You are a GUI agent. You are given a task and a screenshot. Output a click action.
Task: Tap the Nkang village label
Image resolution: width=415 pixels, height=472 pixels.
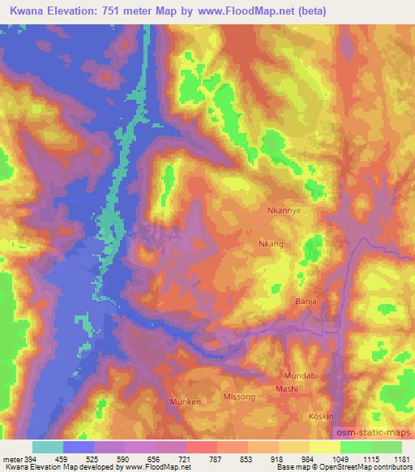point(272,243)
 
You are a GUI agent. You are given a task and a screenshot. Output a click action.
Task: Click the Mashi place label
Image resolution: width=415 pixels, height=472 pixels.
point(287,389)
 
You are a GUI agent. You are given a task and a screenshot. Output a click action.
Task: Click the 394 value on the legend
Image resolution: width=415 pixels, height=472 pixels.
point(26,460)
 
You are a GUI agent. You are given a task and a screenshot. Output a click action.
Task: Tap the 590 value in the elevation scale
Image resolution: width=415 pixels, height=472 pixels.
point(123,460)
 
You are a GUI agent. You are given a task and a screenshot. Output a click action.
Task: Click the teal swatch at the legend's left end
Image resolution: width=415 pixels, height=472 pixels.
point(47,447)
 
